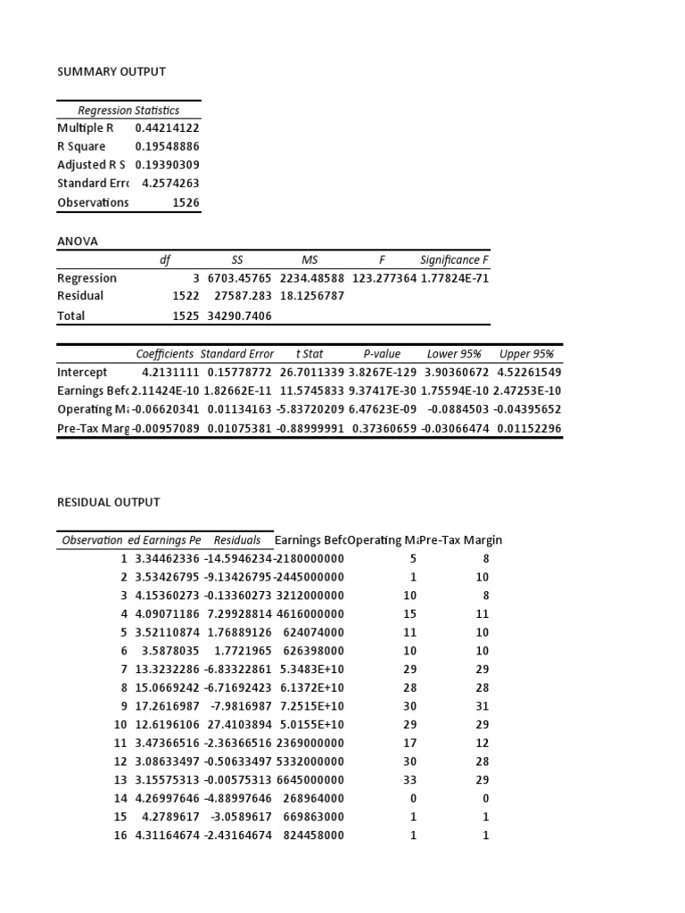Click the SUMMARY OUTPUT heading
111,71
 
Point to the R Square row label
81,146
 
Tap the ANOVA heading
77,241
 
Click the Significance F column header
454,260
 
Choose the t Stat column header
309,354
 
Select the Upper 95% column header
526,354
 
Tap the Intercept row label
82,372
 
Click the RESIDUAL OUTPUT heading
109,502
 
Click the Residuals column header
237,540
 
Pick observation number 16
120,835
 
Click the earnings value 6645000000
309,779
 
